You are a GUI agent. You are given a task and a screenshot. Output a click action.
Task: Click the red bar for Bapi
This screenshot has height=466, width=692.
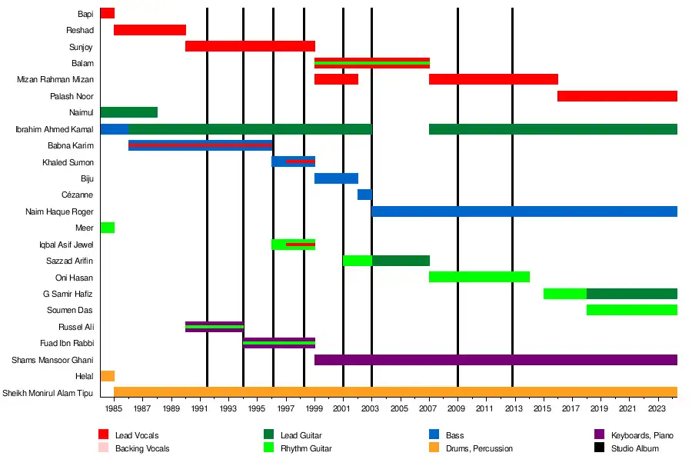point(107,13)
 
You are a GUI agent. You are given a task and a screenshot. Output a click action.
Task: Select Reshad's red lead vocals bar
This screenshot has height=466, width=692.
point(150,30)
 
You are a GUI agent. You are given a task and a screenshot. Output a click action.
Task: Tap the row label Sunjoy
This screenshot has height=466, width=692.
point(82,47)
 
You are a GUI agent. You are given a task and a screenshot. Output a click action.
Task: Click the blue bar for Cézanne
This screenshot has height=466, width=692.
point(364,195)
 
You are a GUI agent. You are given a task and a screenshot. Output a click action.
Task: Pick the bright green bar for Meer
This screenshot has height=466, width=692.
point(107,228)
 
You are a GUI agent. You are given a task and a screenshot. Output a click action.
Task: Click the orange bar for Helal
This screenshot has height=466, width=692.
point(107,376)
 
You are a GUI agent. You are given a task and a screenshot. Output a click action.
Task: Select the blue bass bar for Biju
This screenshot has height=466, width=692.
point(336,178)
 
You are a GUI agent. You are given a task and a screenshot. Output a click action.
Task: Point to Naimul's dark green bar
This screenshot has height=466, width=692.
point(128,112)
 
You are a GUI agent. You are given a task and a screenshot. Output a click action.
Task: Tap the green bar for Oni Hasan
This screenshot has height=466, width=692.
point(479,277)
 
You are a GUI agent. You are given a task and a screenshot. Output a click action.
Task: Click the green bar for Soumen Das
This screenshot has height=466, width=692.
point(631,310)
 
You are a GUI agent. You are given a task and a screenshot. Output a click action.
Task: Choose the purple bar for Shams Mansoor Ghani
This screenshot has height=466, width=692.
point(496,360)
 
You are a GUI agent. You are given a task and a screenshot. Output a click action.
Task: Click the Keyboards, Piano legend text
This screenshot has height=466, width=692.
point(642,436)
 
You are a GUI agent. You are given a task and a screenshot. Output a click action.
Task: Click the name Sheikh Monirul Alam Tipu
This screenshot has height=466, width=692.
point(48,393)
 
